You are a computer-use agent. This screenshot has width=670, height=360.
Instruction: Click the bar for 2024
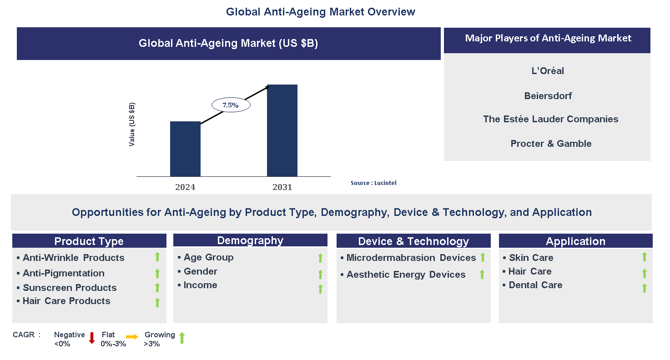(x=185, y=149)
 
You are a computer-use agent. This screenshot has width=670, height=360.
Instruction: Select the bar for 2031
(x=282, y=130)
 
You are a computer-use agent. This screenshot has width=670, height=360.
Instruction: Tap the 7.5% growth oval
(x=231, y=105)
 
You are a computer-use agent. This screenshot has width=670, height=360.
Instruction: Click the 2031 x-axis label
(x=282, y=187)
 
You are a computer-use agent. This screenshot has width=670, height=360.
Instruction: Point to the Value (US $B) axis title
(x=132, y=124)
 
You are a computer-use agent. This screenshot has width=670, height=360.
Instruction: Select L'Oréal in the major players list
(x=548, y=71)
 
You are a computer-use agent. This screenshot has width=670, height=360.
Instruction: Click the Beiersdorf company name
(x=548, y=96)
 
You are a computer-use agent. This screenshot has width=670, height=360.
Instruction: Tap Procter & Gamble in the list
(x=551, y=144)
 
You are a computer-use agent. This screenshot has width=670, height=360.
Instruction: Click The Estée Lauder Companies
(x=550, y=119)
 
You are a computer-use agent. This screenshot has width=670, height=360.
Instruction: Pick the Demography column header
(x=250, y=240)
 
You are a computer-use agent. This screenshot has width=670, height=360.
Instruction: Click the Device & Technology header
(x=413, y=241)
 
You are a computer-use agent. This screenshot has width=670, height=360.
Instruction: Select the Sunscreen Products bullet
(x=70, y=288)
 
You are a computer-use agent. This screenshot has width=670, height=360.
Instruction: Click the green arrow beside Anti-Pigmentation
(x=157, y=273)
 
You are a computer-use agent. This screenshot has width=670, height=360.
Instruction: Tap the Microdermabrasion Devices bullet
(x=411, y=258)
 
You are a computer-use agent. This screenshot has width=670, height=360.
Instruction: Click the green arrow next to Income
(x=320, y=289)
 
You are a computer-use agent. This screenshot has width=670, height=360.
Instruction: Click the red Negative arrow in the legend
(x=91, y=338)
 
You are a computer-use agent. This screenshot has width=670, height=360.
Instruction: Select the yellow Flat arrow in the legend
(x=132, y=337)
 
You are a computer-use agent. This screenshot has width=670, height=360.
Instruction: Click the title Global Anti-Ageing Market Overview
(x=320, y=12)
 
